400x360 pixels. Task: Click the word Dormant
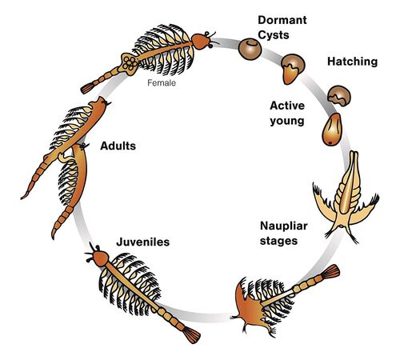coord(282,20)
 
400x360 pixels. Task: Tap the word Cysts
coord(274,35)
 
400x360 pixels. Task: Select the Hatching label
coord(352,62)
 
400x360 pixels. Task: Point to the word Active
coord(287,106)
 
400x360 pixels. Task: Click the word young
coord(287,121)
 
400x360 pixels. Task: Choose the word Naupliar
coord(284,226)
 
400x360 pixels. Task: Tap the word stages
coord(278,241)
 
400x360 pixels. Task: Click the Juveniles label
coord(143,242)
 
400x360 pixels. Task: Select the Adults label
coord(118,146)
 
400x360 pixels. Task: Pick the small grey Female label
coord(162,83)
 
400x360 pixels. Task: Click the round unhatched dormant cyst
coord(250,49)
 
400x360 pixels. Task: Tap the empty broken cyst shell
coord(339,96)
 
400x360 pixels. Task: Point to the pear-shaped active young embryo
coord(332,130)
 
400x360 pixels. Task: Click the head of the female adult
coord(202,42)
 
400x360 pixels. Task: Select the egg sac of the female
coord(130,63)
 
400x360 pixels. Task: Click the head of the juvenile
coord(100,258)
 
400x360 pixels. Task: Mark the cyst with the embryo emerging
coord(293,69)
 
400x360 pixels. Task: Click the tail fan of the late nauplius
coord(331,272)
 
